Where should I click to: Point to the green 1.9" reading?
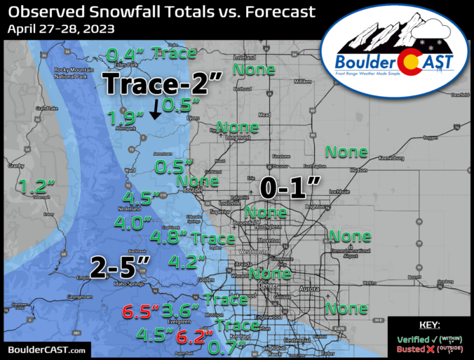[x=127, y=119]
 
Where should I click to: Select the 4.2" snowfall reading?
[x=187, y=262]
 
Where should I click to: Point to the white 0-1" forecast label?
[x=291, y=187]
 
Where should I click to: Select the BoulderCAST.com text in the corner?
[x=47, y=349]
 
